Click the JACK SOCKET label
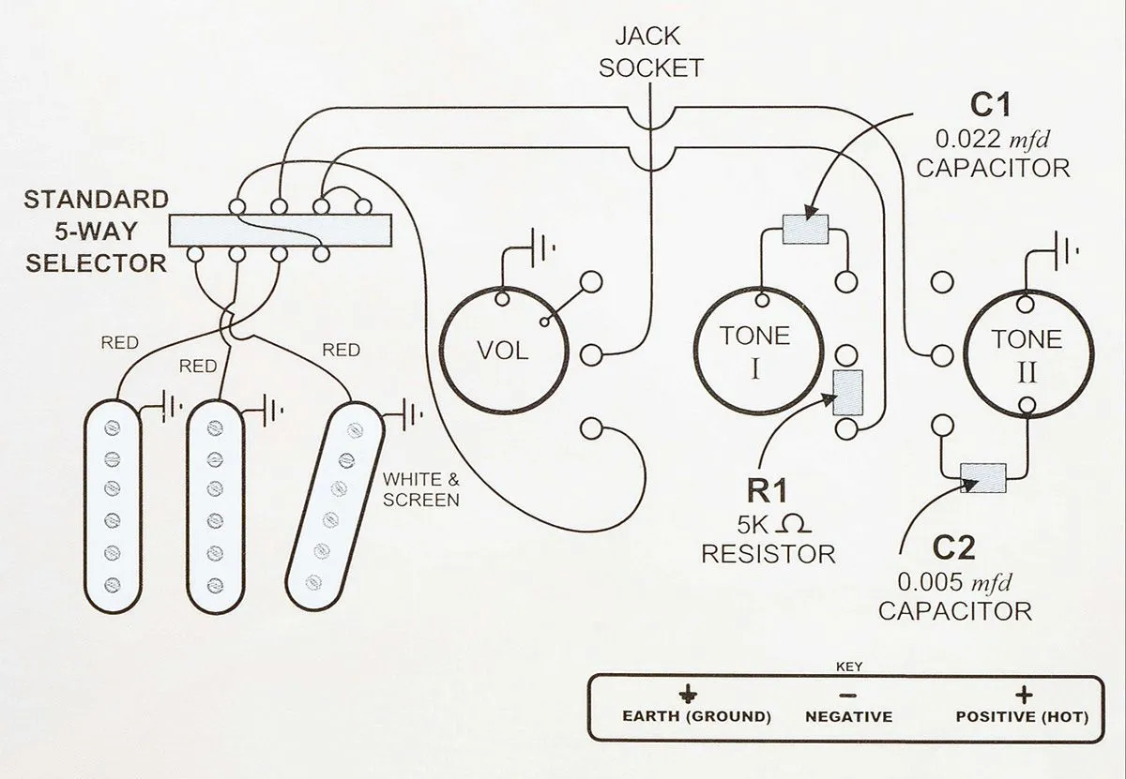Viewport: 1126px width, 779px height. point(651,52)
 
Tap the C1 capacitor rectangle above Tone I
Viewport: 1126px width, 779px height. point(805,230)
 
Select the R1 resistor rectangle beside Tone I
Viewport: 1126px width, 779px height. point(848,393)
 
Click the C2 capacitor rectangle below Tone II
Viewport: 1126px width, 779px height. point(983,478)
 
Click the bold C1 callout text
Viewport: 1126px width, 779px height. point(990,105)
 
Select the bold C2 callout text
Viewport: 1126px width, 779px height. point(953,548)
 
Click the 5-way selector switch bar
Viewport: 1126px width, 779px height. point(281,231)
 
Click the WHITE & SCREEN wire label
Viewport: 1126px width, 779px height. point(420,489)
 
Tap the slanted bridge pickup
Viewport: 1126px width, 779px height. point(335,506)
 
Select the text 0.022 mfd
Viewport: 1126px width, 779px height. point(993,139)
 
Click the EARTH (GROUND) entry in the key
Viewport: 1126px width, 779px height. point(696,708)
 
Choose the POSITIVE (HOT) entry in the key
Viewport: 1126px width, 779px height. point(1022,708)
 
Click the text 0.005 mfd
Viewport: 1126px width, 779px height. point(954,582)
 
